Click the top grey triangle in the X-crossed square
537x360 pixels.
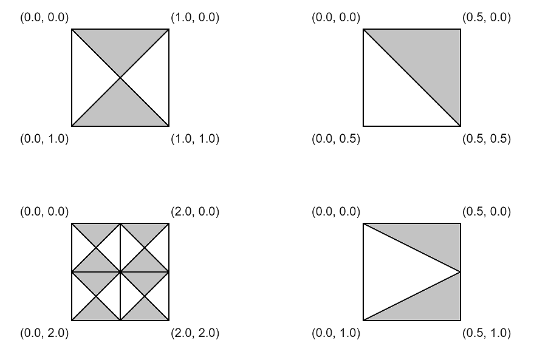(x=120, y=46)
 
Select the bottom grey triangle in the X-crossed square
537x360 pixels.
(x=120, y=110)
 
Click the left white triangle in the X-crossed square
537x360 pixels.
(x=88, y=78)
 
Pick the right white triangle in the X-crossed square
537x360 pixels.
(x=152, y=78)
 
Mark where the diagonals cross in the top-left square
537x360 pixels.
(x=120, y=78)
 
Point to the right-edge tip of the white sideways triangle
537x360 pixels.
(x=460, y=272)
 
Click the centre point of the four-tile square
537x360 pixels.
(x=120, y=272)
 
